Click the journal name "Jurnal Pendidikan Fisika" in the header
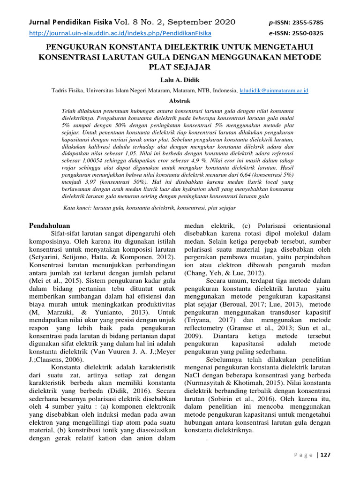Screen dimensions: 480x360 (x=70, y=22)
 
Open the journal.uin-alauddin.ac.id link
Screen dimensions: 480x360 (x=120, y=33)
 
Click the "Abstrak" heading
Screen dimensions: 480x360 (x=180, y=100)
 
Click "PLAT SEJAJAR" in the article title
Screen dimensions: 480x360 (x=180, y=67)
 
